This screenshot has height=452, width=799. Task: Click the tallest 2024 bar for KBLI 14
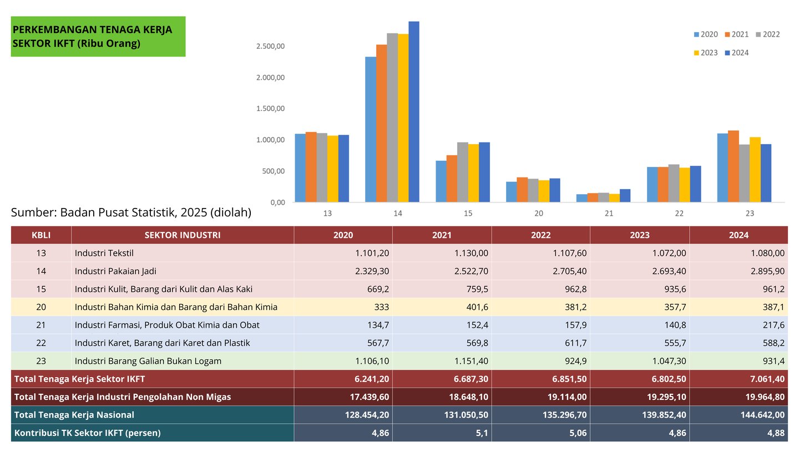414,111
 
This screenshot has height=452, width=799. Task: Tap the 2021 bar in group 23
734,166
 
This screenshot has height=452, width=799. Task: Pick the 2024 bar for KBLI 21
625,196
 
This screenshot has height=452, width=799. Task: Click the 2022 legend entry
767,34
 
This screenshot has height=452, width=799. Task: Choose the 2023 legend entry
705,53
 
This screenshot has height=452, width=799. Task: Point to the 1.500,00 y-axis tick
271,109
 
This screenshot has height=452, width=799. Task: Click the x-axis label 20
538,214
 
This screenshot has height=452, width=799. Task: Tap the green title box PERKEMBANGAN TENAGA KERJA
98,37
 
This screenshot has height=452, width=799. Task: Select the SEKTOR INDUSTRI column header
183,235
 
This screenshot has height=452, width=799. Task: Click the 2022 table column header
540,235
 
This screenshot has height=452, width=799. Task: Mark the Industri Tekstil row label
104,253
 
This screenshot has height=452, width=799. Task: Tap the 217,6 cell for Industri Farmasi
772,325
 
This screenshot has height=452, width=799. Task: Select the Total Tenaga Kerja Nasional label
74,415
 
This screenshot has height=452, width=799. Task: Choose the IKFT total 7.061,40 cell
764,379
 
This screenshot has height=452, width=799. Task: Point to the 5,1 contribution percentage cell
482,433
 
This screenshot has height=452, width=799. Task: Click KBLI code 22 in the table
41,343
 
